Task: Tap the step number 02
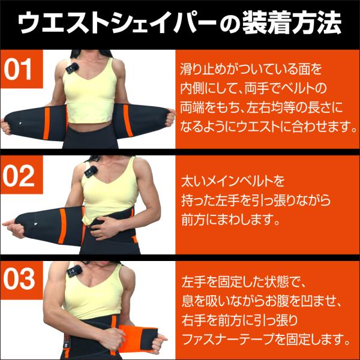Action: tap(19, 176)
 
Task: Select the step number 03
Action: tap(19, 279)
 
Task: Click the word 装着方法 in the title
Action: tap(291, 23)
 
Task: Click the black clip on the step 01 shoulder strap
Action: tap(73, 68)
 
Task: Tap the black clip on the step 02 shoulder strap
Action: tap(90, 172)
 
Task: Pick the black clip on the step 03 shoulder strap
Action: tap(74, 272)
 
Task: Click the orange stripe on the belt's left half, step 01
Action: tap(47, 123)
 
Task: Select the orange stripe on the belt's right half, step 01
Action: tap(128, 121)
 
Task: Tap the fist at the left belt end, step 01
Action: tap(5, 127)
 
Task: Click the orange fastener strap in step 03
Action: tap(138, 338)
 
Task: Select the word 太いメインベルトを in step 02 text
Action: tap(233, 181)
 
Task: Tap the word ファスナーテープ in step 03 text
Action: tap(228, 340)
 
